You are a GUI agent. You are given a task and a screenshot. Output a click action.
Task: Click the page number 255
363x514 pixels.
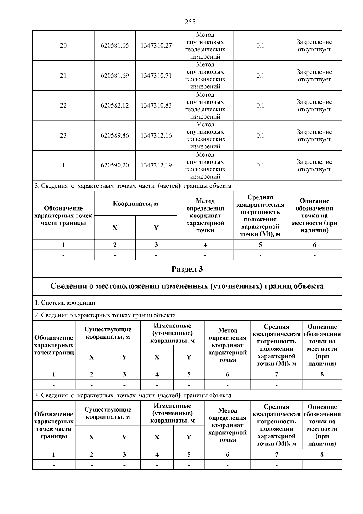tap(190, 22)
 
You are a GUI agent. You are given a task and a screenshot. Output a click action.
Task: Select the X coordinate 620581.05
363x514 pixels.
tap(115, 45)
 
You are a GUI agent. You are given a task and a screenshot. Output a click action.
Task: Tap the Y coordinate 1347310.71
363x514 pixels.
tap(156, 75)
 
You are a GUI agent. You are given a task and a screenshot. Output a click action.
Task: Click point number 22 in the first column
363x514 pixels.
tap(63, 105)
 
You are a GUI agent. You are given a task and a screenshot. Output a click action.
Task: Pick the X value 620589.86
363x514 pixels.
tap(115, 135)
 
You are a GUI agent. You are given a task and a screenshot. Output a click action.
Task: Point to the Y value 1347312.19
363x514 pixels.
tap(156, 165)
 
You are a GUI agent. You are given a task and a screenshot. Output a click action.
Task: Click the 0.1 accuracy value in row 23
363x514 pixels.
tap(260, 135)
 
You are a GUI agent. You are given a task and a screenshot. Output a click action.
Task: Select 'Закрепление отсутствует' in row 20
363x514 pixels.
tap(314, 46)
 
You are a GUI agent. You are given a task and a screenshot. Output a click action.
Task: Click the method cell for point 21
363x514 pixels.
tap(205, 75)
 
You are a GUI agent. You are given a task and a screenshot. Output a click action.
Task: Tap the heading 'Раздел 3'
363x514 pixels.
tap(187, 269)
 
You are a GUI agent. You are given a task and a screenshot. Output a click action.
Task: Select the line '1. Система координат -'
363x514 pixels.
tap(69, 303)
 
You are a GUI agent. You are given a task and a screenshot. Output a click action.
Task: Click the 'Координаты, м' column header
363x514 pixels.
tap(136, 204)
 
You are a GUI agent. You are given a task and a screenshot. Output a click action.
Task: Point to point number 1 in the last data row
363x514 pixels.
tap(63, 165)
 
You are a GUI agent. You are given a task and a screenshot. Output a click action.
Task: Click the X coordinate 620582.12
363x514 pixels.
tap(115, 105)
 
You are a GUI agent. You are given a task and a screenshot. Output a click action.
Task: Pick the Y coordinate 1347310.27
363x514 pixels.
tap(156, 45)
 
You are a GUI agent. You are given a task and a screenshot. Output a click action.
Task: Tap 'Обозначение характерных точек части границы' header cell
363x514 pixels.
tap(63, 216)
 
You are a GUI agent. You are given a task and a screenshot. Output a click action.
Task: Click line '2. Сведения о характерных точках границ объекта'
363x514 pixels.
tap(105, 315)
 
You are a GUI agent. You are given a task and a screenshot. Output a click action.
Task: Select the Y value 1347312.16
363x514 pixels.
tap(156, 135)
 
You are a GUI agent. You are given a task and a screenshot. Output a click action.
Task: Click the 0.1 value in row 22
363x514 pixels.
tap(260, 105)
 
